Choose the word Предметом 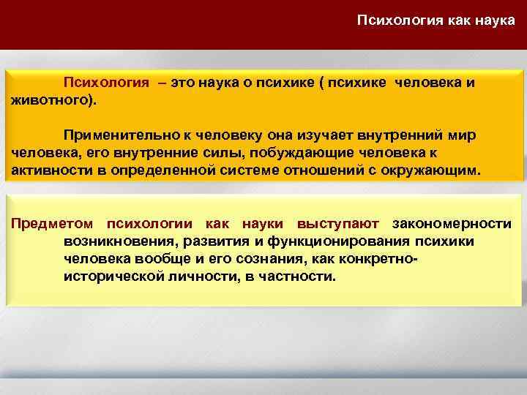(x=53, y=222)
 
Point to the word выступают (x=338, y=222)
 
